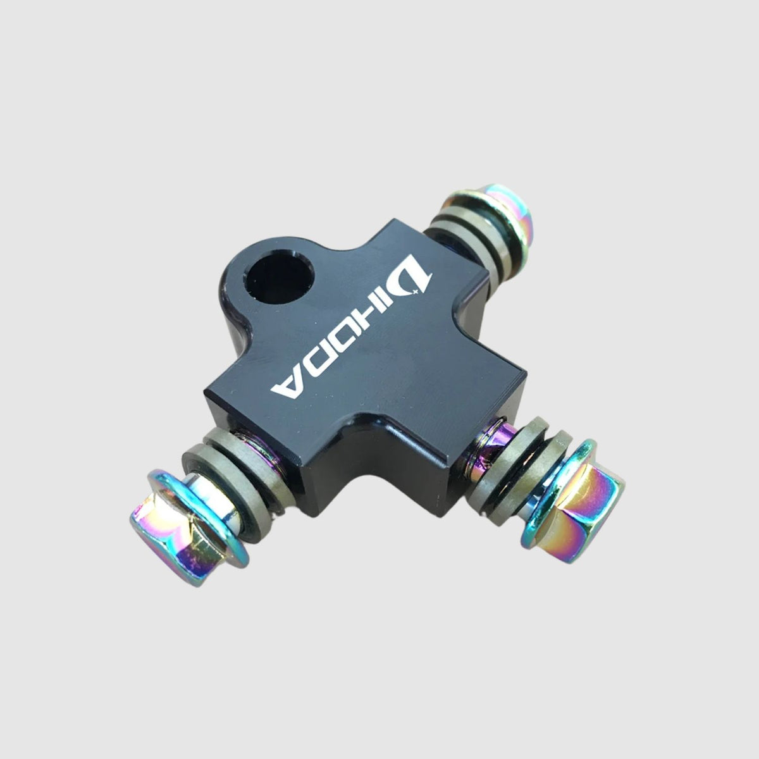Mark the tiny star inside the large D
[x=416, y=291]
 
